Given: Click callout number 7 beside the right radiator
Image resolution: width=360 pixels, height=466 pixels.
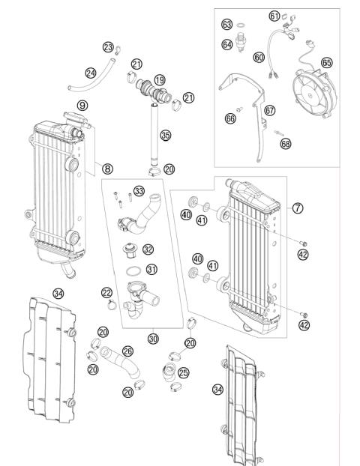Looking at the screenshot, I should [298, 208].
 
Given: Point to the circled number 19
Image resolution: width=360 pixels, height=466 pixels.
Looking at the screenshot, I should [160, 80].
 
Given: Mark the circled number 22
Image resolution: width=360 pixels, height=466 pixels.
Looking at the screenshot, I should [107, 292].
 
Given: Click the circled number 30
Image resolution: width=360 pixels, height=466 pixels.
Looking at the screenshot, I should [154, 339].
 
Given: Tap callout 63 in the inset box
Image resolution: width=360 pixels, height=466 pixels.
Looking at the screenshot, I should [226, 24].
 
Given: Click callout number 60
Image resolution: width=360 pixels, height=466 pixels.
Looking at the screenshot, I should [259, 56].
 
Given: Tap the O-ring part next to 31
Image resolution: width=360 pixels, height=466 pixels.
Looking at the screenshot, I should [131, 270].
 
